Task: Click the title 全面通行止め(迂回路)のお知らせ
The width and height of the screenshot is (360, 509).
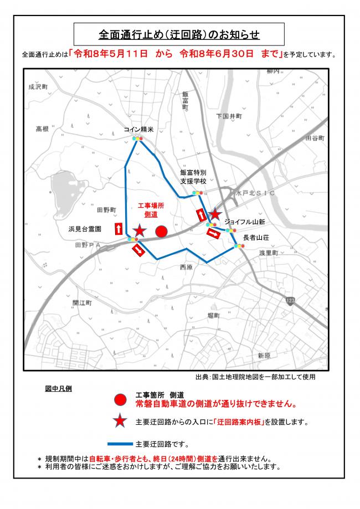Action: tap(179, 34)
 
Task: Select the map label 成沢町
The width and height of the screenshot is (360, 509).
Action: tap(39, 88)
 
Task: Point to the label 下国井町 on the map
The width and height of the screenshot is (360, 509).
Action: tap(229, 117)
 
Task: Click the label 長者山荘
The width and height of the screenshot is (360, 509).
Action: tap(255, 237)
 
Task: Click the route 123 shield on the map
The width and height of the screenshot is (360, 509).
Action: tap(291, 300)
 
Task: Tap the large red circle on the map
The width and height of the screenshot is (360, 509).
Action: tap(161, 232)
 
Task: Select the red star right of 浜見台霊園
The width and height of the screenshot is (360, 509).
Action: tap(140, 230)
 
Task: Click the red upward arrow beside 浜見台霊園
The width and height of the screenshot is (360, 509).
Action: tap(118, 228)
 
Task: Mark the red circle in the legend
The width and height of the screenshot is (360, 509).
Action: tap(119, 400)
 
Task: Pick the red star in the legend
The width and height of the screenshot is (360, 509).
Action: tap(119, 422)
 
